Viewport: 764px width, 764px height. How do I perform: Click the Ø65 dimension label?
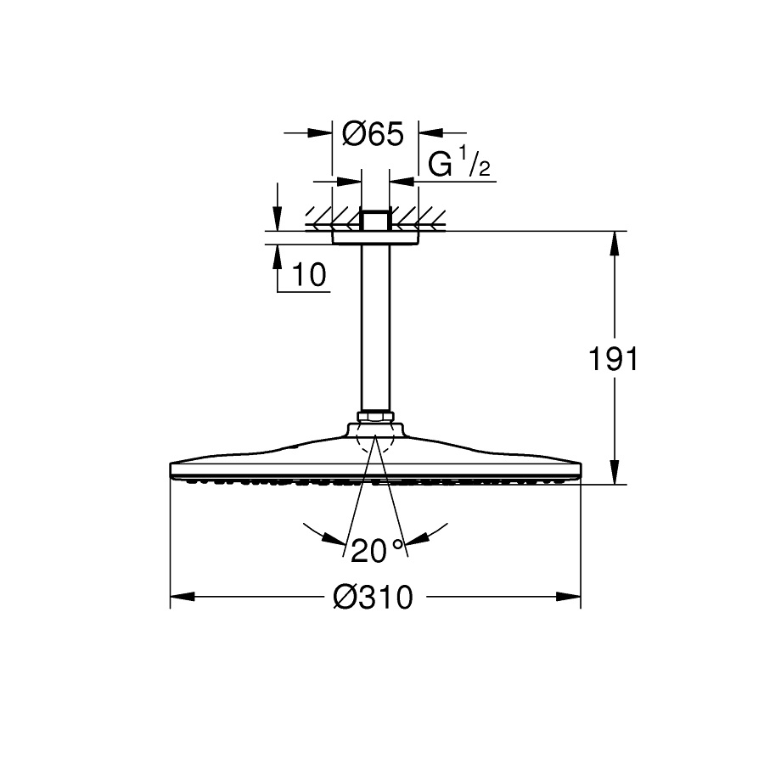[x=374, y=133]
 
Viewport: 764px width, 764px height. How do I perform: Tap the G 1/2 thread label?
[x=458, y=164]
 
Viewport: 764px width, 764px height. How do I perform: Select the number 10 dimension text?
[x=309, y=274]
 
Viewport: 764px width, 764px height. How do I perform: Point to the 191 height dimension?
[x=613, y=359]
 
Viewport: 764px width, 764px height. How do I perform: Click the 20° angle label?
[x=378, y=550]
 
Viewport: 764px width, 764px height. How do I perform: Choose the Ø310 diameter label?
[x=373, y=597]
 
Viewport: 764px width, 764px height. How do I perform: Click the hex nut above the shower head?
[x=375, y=417]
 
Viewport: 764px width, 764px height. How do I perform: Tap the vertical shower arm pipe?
[x=375, y=329]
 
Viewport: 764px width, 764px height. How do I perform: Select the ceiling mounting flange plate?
[x=375, y=238]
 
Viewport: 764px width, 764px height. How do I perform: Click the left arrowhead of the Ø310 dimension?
[x=183, y=597]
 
